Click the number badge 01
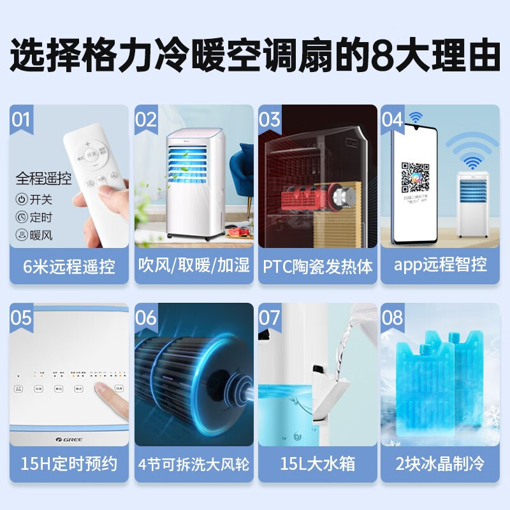(22, 119)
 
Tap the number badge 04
(393, 119)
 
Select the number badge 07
(270, 317)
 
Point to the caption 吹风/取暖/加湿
(194, 266)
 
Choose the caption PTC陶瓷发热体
(317, 266)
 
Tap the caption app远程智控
(441, 266)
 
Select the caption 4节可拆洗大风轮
(194, 464)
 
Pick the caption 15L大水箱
(317, 464)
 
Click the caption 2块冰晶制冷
(441, 464)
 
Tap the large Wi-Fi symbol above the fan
(472, 149)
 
